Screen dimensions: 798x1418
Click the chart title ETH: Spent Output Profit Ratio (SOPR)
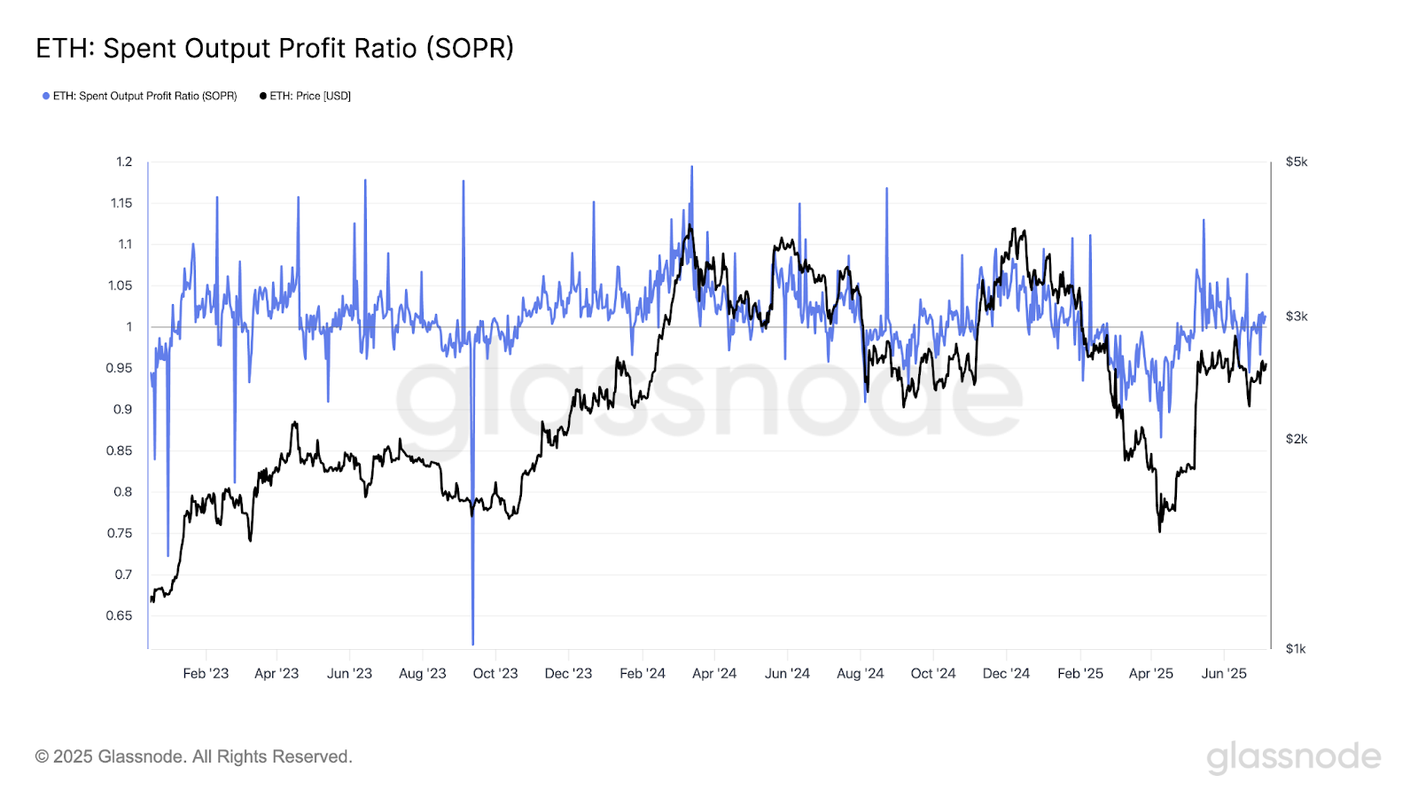coord(275,48)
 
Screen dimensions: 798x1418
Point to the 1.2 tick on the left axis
coord(124,161)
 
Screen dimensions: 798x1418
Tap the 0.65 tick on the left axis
coord(119,615)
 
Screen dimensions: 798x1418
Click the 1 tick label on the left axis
coord(129,326)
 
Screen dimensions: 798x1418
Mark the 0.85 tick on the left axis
coord(119,450)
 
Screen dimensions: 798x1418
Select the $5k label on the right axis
coord(1296,161)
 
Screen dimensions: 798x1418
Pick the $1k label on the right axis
coord(1296,648)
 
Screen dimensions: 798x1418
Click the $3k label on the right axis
coord(1296,317)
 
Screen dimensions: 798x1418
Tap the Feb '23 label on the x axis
coord(206,674)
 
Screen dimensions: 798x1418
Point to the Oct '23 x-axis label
coord(495,674)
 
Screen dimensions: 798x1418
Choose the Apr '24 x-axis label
coord(714,674)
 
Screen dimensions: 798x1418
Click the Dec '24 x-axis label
coord(1006,674)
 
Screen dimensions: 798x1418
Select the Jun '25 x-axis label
coord(1224,674)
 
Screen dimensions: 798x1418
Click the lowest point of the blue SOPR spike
coord(473,644)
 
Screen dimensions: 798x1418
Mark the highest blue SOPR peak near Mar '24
coord(692,167)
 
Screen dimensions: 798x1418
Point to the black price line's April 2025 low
coord(1159,531)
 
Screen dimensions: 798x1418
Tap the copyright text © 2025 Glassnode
coord(194,756)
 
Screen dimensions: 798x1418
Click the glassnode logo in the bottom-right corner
coord(1293,756)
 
